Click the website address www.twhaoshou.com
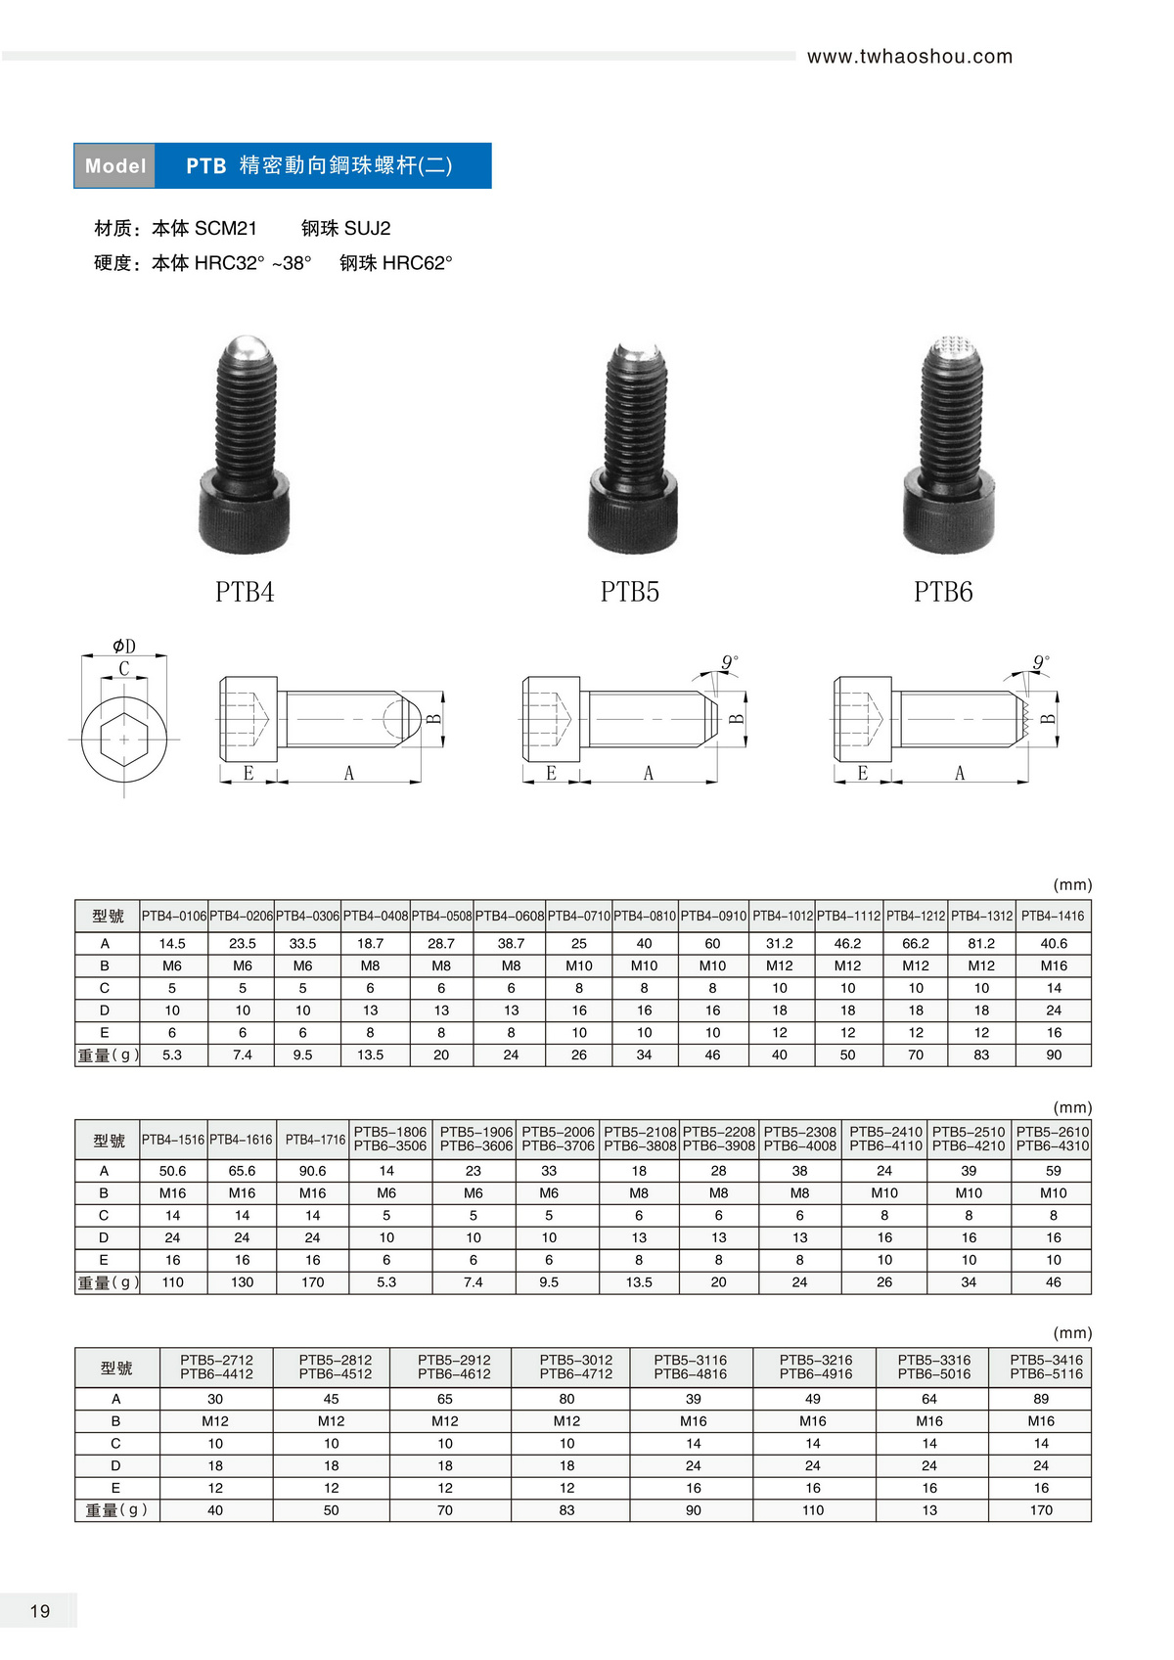[910, 57]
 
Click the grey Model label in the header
[114, 165]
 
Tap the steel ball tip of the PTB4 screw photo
[248, 346]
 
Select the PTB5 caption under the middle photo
[629, 592]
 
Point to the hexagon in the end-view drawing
[124, 739]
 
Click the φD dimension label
[124, 646]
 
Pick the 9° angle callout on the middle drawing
[730, 662]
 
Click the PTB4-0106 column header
[174, 916]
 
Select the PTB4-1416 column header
[1053, 916]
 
